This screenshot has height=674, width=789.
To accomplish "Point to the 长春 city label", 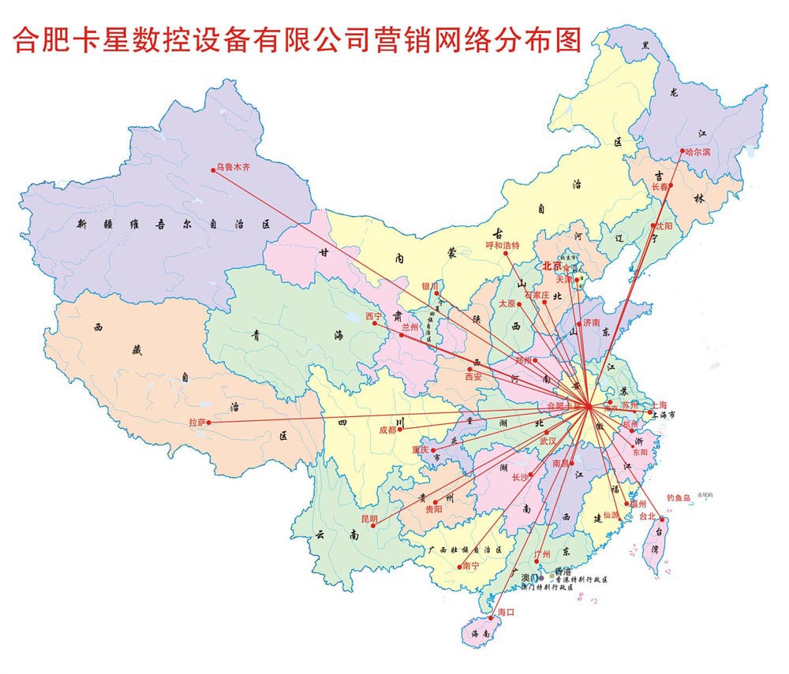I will coord(660,187).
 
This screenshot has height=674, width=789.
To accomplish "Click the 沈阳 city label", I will coord(664,226).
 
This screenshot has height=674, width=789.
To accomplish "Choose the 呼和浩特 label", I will coord(503,245).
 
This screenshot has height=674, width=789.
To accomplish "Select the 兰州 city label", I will coord(410,327).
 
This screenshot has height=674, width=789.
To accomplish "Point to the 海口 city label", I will coord(506,613).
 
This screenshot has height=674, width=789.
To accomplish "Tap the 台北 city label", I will coord(647,516).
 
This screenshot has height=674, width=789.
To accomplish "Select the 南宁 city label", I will coord(470,566).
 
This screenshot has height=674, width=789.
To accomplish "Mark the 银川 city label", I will coord(429,285).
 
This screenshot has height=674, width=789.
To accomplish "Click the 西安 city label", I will coord(473,377).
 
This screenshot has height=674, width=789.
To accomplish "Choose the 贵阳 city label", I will coord(434,510).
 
